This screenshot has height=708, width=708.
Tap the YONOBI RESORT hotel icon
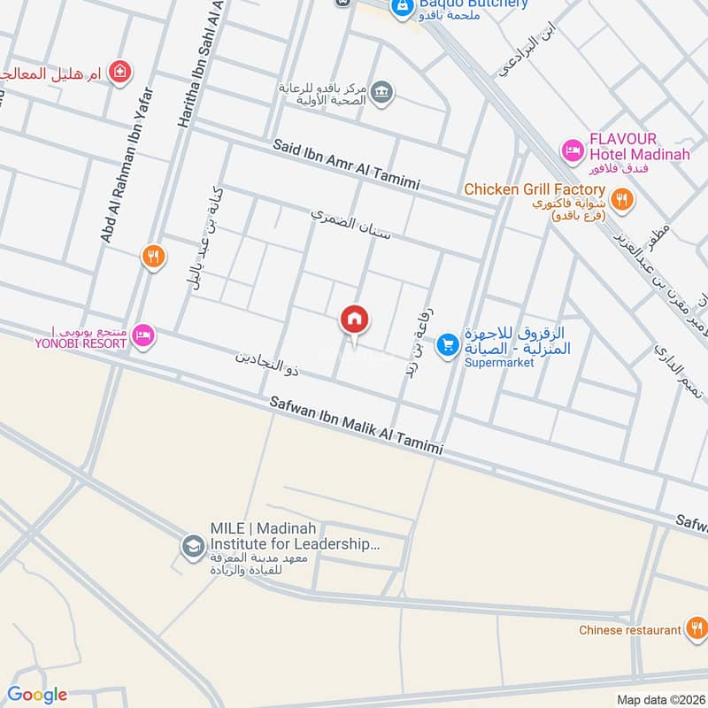pos(144,335)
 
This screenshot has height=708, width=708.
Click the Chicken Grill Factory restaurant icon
pos(622,200)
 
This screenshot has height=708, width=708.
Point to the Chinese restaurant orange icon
pos(696,630)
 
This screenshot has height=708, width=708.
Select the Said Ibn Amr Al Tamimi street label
pos(345,165)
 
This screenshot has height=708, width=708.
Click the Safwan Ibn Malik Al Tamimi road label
pos(356,428)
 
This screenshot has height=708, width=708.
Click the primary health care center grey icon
pos(381,92)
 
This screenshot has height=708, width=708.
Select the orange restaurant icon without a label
pos(153,257)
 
